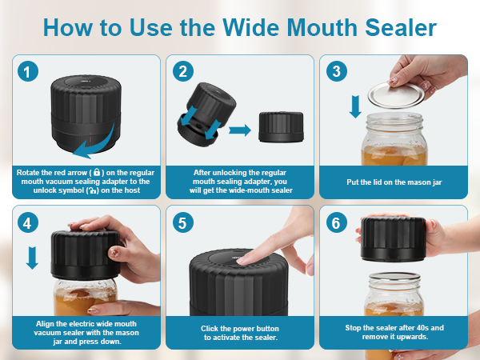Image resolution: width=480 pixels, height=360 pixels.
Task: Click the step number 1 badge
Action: click(29, 71)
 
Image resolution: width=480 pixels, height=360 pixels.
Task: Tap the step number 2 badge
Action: click(183, 71)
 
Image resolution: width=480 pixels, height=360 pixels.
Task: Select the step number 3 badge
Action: click(336, 71)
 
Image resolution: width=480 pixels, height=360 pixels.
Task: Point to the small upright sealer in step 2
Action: click(279, 127)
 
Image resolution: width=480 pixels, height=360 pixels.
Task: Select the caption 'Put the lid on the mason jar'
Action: click(394, 182)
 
